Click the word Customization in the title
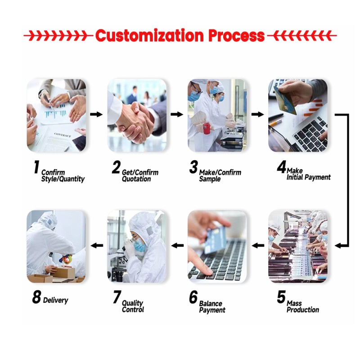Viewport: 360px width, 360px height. pyautogui.click(x=149, y=36)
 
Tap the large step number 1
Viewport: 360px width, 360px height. pyautogui.click(x=36, y=167)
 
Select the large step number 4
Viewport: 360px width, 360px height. pyautogui.click(x=282, y=167)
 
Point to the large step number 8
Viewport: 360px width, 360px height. pyautogui.click(x=36, y=297)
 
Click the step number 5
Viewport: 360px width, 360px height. pyautogui.click(x=281, y=297)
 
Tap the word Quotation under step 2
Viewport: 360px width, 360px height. pyautogui.click(x=136, y=179)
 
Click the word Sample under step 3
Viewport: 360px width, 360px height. pyautogui.click(x=210, y=179)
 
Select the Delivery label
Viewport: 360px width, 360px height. pyautogui.click(x=55, y=300)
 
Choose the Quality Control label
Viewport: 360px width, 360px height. pyautogui.click(x=133, y=306)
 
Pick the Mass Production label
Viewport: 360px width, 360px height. pyautogui.click(x=303, y=306)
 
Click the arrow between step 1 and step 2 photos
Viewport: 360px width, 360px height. pyautogui.click(x=96, y=114)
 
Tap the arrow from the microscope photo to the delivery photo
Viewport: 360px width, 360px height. pyautogui.click(x=97, y=246)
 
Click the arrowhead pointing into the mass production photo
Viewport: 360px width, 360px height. pyautogui.click(x=338, y=246)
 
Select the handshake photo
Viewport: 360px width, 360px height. pyautogui.click(x=137, y=115)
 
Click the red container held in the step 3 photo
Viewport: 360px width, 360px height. pyautogui.click(x=207, y=128)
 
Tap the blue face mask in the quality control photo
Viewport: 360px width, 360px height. pyautogui.click(x=140, y=245)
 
